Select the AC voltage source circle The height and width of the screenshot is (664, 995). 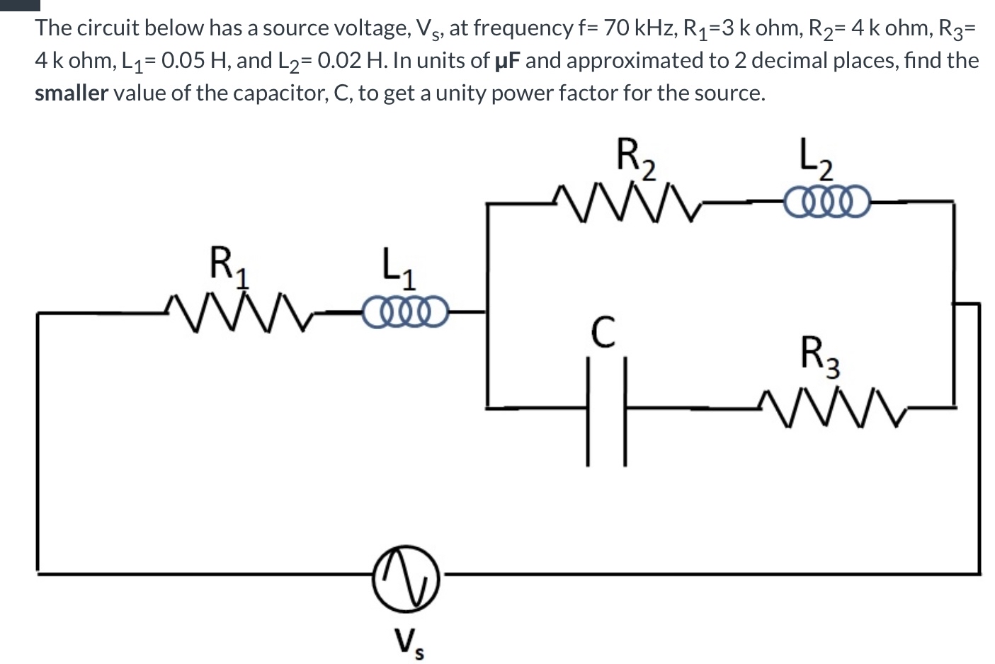(x=406, y=578)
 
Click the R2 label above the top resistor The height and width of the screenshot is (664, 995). (x=635, y=156)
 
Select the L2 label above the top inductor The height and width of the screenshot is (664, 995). (x=816, y=156)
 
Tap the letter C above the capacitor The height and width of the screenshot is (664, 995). (x=602, y=332)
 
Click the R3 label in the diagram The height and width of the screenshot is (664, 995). (x=820, y=355)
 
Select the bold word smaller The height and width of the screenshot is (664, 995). (x=71, y=93)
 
